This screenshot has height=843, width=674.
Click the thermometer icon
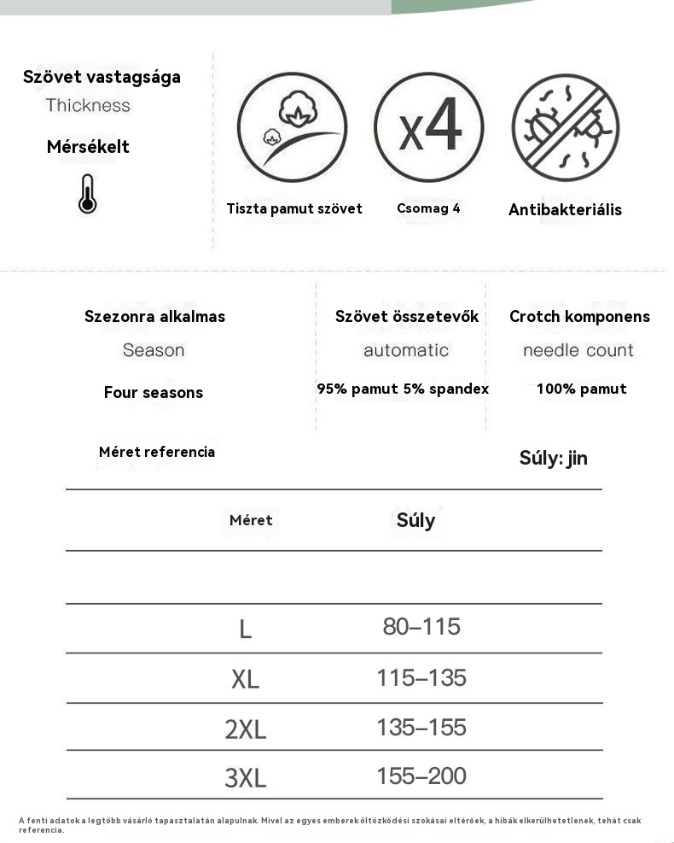87,193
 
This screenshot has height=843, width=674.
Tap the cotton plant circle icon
292,126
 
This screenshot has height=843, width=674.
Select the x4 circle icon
428,126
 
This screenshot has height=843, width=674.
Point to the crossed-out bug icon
566,127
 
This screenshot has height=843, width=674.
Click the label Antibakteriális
565,209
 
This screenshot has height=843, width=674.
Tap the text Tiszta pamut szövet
294,208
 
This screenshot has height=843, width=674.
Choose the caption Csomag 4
428,208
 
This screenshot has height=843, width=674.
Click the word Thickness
88,105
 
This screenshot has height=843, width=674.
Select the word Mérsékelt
88,147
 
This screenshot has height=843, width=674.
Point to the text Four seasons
154,392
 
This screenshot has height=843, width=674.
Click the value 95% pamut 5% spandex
403,389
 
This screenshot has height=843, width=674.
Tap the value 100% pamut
581,389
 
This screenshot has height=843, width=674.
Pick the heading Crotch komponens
579,316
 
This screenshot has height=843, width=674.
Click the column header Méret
251,520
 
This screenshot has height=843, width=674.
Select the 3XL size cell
246,778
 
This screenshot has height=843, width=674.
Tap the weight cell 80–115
421,627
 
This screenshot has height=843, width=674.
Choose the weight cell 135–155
421,728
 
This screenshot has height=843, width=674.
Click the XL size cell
245,680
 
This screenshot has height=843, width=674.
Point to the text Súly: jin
553,458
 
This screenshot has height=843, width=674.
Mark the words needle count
578,350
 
